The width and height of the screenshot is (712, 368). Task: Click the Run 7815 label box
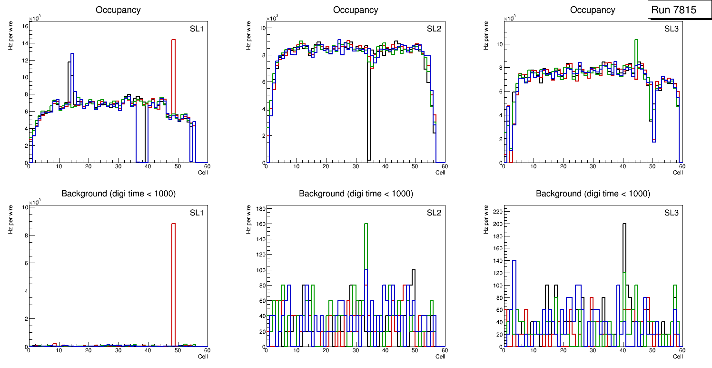(x=677, y=10)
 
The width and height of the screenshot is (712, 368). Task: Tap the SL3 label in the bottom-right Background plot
(x=671, y=212)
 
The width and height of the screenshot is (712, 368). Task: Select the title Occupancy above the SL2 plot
(x=356, y=10)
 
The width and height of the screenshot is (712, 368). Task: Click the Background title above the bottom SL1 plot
(x=118, y=194)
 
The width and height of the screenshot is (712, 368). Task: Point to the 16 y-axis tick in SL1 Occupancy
(x=25, y=26)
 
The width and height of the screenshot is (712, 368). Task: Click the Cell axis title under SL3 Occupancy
(x=678, y=172)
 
